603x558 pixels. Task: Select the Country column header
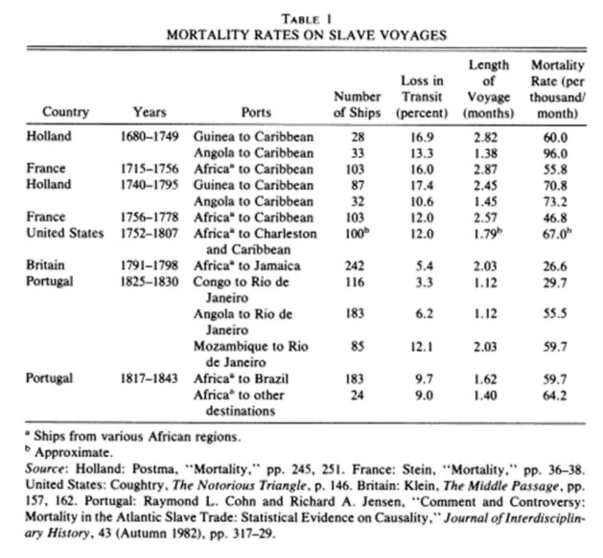pyautogui.click(x=66, y=112)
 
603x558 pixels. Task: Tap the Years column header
pyautogui.click(x=150, y=112)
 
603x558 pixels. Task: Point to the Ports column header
pyautogui.click(x=256, y=112)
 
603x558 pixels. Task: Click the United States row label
pyautogui.click(x=65, y=233)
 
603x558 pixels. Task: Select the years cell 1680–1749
pyautogui.click(x=150, y=137)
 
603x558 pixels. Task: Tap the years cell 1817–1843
pyautogui.click(x=150, y=379)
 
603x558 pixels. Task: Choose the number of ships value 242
pyautogui.click(x=358, y=265)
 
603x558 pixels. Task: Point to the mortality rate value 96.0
pyautogui.click(x=556, y=153)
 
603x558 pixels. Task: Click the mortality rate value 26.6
pyautogui.click(x=556, y=265)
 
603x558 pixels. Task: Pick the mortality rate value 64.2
pyautogui.click(x=556, y=395)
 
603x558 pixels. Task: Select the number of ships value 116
pyautogui.click(x=358, y=281)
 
